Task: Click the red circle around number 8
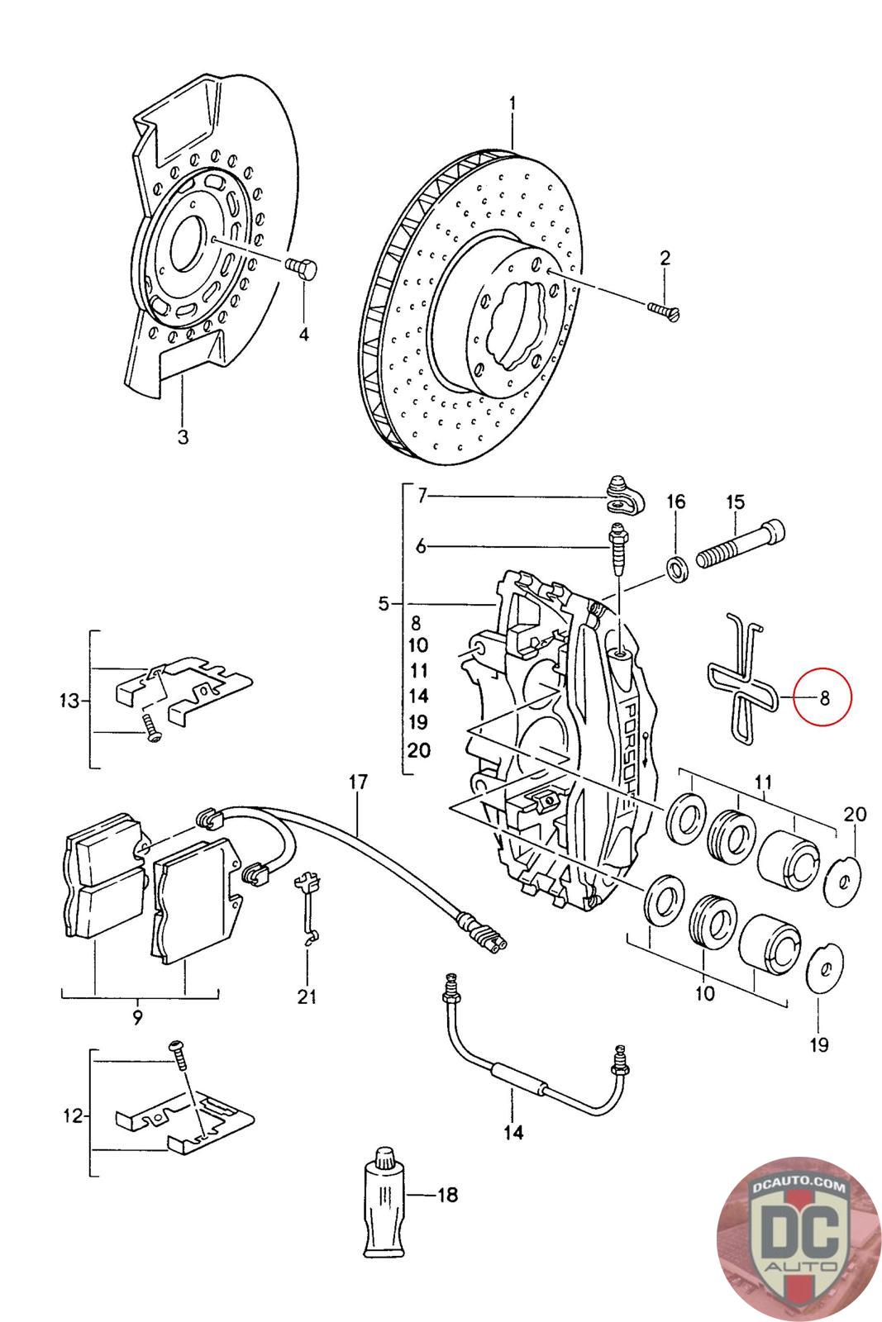click(822, 697)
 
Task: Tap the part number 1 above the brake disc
click(513, 104)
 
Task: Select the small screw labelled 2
click(664, 311)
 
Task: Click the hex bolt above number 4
click(302, 269)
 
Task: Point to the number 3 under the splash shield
click(183, 437)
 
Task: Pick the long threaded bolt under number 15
click(741, 541)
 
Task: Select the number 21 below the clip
click(307, 996)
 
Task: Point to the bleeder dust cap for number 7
click(625, 496)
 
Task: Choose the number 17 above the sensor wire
click(358, 782)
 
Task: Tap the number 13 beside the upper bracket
click(69, 701)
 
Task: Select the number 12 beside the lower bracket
click(74, 1116)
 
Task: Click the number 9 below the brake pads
click(137, 1018)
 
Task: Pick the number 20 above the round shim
click(854, 815)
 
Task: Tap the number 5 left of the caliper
click(384, 604)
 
